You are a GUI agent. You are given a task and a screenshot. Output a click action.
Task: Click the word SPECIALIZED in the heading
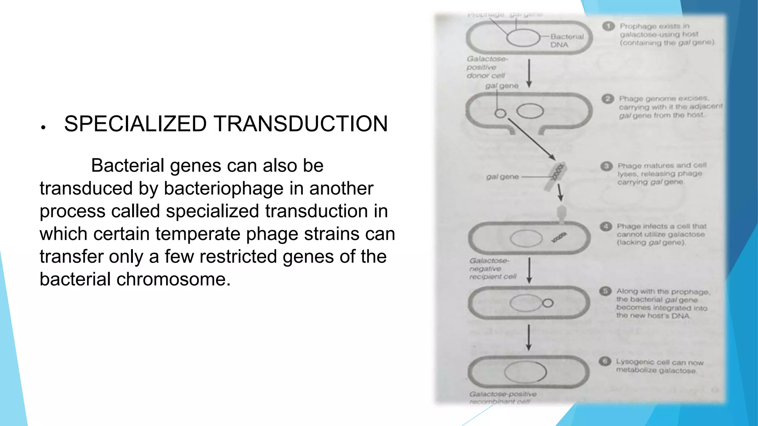135,124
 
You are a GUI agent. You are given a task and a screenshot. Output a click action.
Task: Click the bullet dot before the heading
43,128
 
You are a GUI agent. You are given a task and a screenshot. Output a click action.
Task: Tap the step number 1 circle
608,26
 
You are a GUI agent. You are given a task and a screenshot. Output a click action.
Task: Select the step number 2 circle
607,99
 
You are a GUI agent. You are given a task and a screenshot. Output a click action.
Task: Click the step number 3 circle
606,166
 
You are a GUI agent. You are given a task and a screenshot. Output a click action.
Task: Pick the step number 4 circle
606,226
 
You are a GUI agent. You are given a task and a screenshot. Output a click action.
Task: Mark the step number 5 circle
605,291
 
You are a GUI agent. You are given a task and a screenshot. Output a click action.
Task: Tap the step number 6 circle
605,361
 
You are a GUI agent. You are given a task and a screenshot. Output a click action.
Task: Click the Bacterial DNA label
566,41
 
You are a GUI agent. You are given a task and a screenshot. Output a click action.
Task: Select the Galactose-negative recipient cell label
492,269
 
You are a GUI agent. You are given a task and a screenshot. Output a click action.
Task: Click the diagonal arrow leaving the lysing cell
531,139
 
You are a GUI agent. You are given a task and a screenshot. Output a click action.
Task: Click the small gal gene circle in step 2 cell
500,114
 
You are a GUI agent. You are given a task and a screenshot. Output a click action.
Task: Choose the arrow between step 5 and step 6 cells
529,337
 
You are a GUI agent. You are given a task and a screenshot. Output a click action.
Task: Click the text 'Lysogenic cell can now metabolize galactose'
659,366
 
